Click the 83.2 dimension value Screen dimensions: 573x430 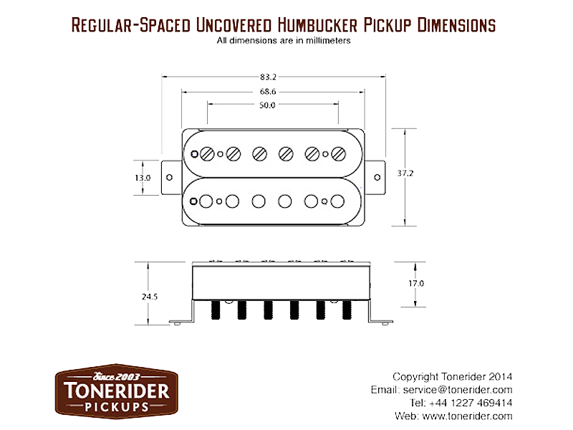[x=268, y=77]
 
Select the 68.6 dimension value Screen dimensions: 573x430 [x=268, y=92]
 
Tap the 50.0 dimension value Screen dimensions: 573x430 [x=267, y=105]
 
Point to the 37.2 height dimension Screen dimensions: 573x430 [x=405, y=173]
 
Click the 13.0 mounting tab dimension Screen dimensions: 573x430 [x=143, y=178]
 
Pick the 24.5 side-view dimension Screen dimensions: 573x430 [x=150, y=297]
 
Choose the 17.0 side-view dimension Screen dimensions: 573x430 [x=416, y=283]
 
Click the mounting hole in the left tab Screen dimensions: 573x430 [x=169, y=177]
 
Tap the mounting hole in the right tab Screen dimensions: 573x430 [x=377, y=177]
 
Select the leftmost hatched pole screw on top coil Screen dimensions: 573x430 [x=207, y=154]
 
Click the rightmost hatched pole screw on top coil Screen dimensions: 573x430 [x=338, y=154]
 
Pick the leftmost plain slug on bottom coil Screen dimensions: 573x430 [x=206, y=201]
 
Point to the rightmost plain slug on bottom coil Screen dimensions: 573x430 [x=337, y=201]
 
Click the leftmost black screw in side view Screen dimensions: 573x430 [x=216, y=310]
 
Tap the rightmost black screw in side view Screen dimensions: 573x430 [x=347, y=310]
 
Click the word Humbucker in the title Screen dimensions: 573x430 [x=317, y=25]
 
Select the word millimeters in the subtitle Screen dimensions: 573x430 [x=328, y=41]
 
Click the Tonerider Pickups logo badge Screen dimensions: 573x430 [x=117, y=391]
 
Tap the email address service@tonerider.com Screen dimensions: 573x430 [x=458, y=390]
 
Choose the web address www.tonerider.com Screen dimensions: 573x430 [x=467, y=416]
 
